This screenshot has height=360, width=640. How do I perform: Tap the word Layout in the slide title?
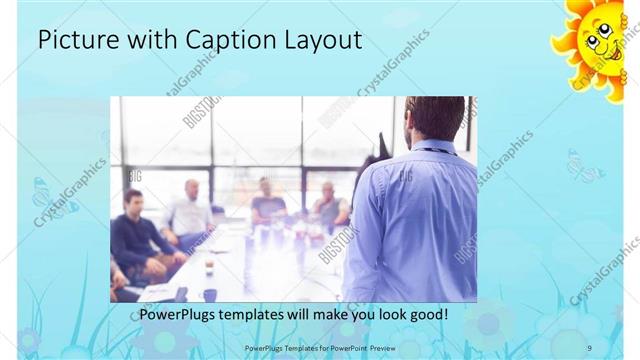click(323, 41)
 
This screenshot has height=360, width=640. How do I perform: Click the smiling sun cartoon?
click(594, 40)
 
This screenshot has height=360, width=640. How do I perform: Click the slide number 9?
click(589, 347)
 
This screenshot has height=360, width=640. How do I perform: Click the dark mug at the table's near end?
click(209, 294)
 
